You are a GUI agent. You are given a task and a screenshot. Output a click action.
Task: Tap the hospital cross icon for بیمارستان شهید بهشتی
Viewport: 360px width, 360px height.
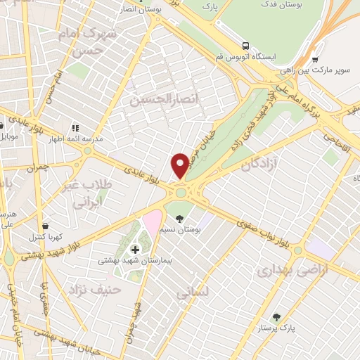(x=135, y=249)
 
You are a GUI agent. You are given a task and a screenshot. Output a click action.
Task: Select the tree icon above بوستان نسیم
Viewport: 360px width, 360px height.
(x=180, y=219)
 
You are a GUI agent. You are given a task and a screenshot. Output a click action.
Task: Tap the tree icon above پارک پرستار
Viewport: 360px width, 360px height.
(x=276, y=317)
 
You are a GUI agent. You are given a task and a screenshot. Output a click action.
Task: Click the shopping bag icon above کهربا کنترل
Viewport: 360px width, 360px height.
(x=46, y=226)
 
